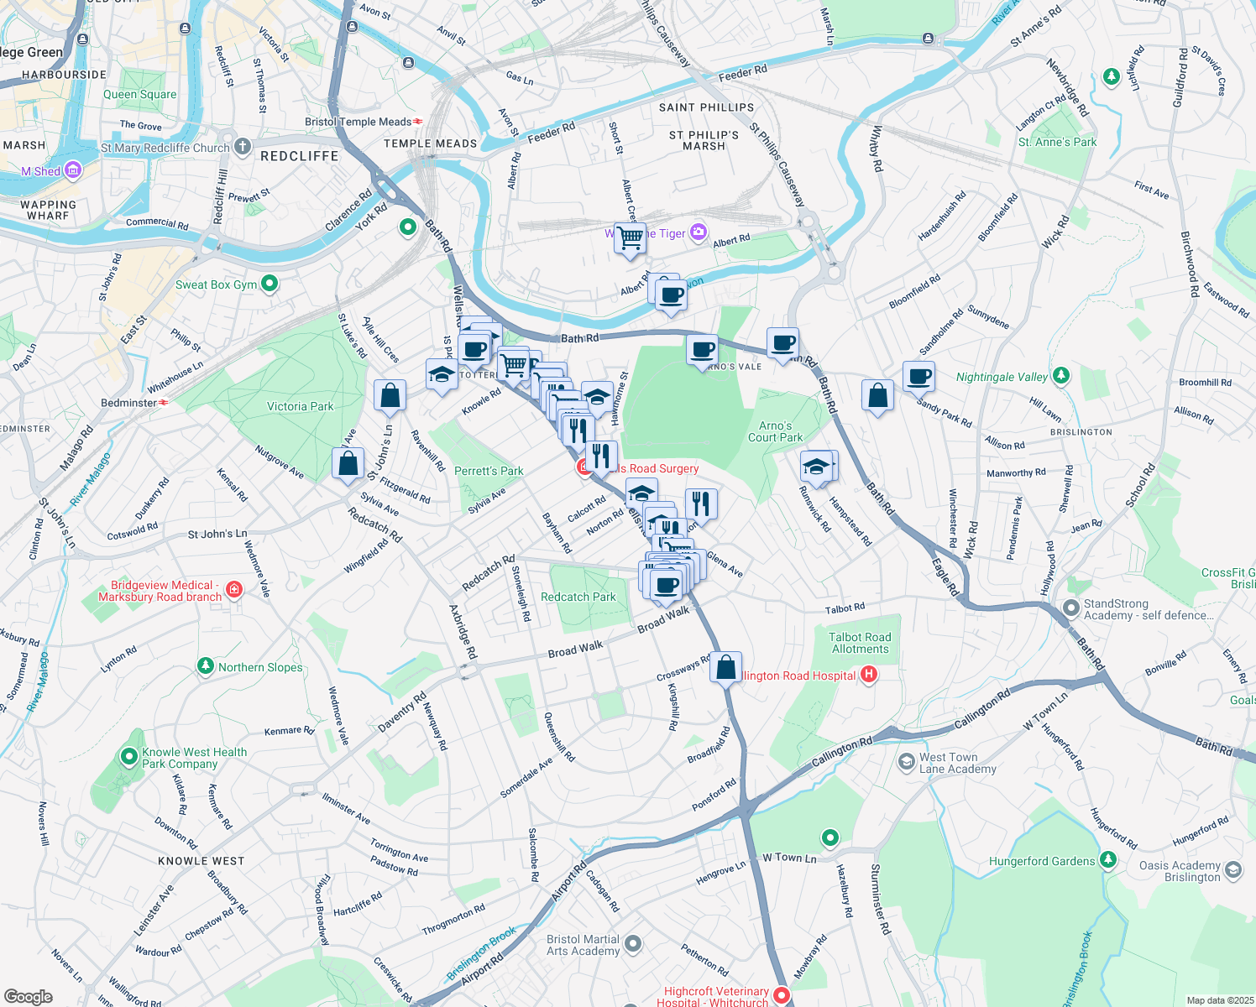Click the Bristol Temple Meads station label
coord(358,122)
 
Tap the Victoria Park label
coord(300,406)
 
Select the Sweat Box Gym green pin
coord(270,284)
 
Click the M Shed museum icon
coord(73,171)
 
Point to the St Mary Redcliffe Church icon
coord(243,147)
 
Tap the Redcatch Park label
coord(578,597)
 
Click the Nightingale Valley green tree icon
coord(1061,375)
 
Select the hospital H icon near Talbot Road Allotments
coord(869,675)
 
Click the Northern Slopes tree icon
coord(206,666)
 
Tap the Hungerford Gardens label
coord(1041,861)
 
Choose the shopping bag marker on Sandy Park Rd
coord(877,395)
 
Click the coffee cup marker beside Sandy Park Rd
coord(919,376)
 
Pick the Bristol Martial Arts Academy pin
coord(633,945)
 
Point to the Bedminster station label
coord(128,403)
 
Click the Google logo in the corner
coord(28,996)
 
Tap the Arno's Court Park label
coord(775,431)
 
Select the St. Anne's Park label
coord(1057,142)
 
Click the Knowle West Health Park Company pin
coord(128,758)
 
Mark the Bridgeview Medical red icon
coord(234,590)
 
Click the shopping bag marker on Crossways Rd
coord(726,667)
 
